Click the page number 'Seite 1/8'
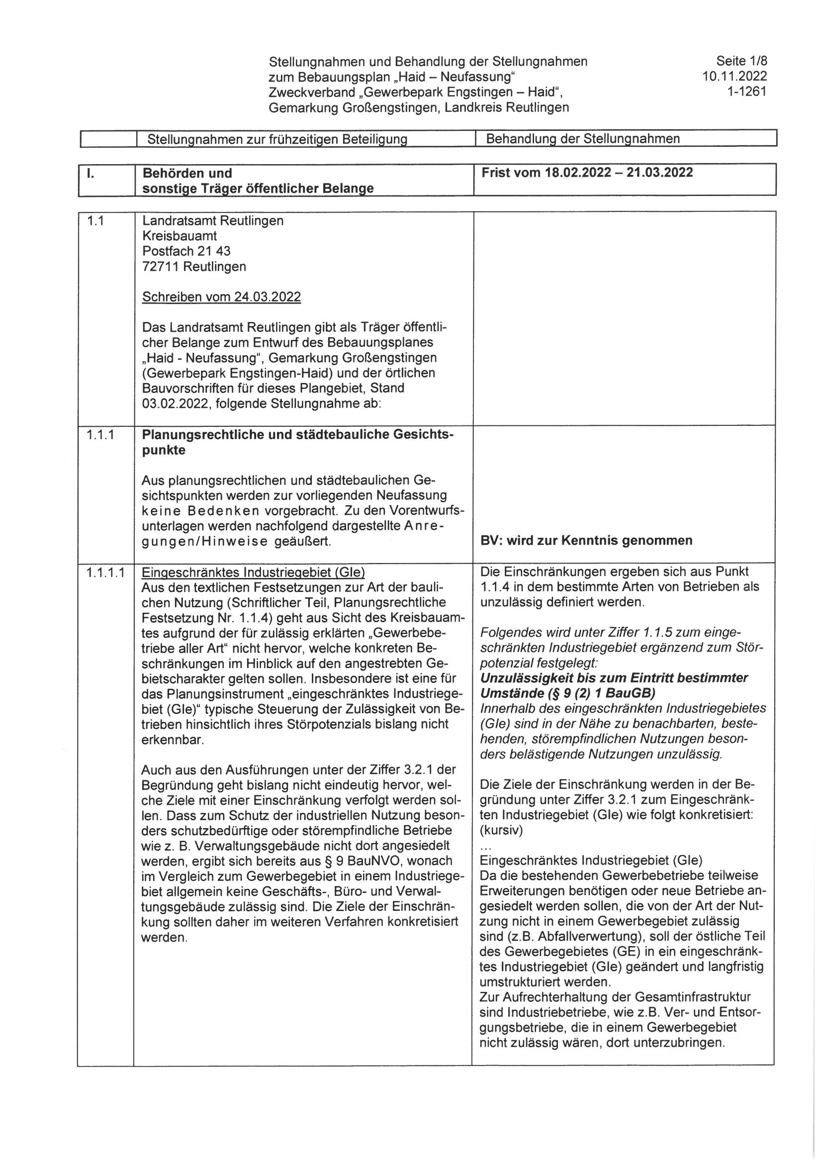pyautogui.click(x=741, y=61)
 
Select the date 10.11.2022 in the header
pyautogui.click(x=734, y=77)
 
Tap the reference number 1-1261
pyautogui.click(x=746, y=92)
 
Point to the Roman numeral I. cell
pyautogui.click(x=90, y=173)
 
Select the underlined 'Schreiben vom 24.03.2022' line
pyautogui.click(x=221, y=296)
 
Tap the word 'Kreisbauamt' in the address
pyautogui.click(x=180, y=236)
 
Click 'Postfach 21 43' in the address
pyautogui.click(x=186, y=251)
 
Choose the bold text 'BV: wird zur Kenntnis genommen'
pyautogui.click(x=586, y=540)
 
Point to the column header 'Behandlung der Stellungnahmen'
pyautogui.click(x=582, y=138)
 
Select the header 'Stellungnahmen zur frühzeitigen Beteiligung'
pyautogui.click(x=277, y=139)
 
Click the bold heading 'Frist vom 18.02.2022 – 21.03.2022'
pyautogui.click(x=587, y=172)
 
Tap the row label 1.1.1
pyautogui.click(x=100, y=434)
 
